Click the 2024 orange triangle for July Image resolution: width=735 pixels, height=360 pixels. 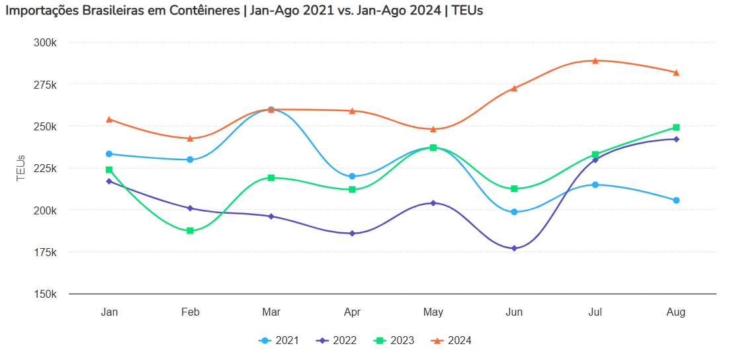click(595, 61)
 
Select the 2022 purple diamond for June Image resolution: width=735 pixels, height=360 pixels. click(514, 248)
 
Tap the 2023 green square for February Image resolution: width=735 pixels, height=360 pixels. click(190, 230)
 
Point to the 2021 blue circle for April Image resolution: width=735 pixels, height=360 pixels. click(352, 176)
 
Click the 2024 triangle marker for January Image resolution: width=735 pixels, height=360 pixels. click(109, 119)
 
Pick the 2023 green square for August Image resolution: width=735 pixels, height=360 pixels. click(676, 127)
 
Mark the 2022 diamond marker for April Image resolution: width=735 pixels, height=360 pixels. click(352, 234)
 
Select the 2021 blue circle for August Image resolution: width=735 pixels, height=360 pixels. click(676, 200)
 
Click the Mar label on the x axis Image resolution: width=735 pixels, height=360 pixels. click(271, 312)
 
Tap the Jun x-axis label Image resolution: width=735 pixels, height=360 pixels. click(514, 312)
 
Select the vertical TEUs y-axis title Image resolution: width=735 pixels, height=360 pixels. click(21, 168)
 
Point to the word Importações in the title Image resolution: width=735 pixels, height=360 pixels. click(42, 13)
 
